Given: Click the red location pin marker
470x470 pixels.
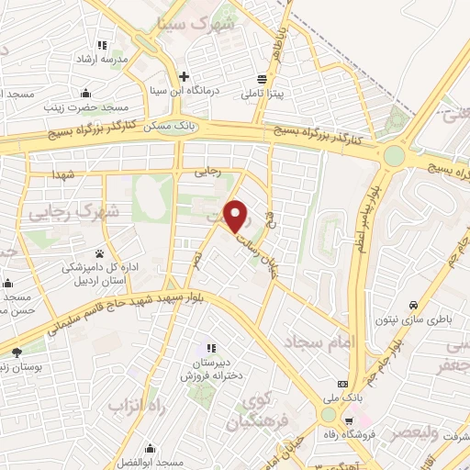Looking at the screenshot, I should point(237,217).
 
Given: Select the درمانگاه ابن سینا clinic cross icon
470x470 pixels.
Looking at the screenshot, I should point(185,76).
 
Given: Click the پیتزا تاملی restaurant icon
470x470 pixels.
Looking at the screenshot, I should point(263,79).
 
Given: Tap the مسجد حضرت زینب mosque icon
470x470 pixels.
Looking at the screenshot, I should point(85,92).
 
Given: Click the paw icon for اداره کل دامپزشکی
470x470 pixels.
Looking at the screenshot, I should point(98,253).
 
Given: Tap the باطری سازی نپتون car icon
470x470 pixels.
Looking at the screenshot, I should point(414,305).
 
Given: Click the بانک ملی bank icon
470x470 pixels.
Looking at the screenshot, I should point(342,383).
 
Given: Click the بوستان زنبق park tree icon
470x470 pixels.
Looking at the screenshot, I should point(17,352).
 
